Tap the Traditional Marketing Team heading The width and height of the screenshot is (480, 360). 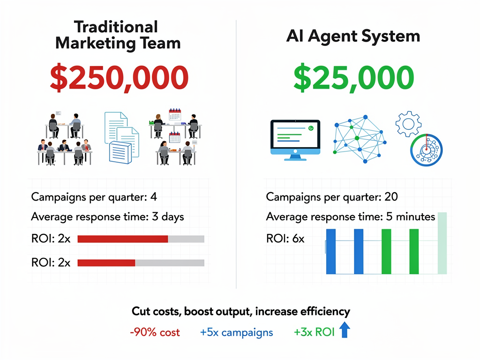(118, 35)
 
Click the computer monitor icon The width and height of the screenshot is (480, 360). (295, 140)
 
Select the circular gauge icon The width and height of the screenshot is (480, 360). (427, 150)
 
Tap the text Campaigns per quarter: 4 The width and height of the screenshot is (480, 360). (94, 196)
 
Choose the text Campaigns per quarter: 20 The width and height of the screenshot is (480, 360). (332, 196)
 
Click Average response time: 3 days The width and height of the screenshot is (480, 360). (107, 217)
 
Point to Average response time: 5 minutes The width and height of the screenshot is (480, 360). (351, 217)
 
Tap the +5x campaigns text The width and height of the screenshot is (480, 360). (236, 333)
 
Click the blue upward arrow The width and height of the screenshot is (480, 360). (345, 331)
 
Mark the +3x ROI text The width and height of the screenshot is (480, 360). (314, 333)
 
